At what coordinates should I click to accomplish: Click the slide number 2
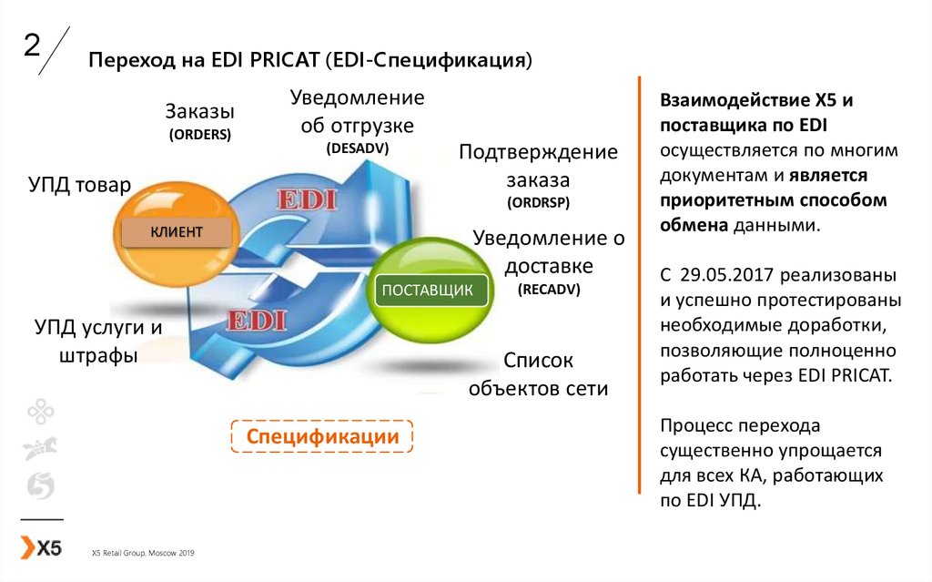32,46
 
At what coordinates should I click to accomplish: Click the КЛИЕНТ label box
176,231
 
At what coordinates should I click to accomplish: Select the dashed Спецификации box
322,436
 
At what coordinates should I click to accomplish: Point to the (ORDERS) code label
200,134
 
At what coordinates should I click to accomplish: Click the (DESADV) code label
357,148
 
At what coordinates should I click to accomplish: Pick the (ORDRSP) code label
538,201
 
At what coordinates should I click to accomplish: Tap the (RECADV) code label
549,290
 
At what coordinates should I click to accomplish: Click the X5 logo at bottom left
42,547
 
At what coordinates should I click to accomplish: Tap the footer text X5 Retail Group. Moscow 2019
143,553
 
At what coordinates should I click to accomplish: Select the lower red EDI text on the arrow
257,320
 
